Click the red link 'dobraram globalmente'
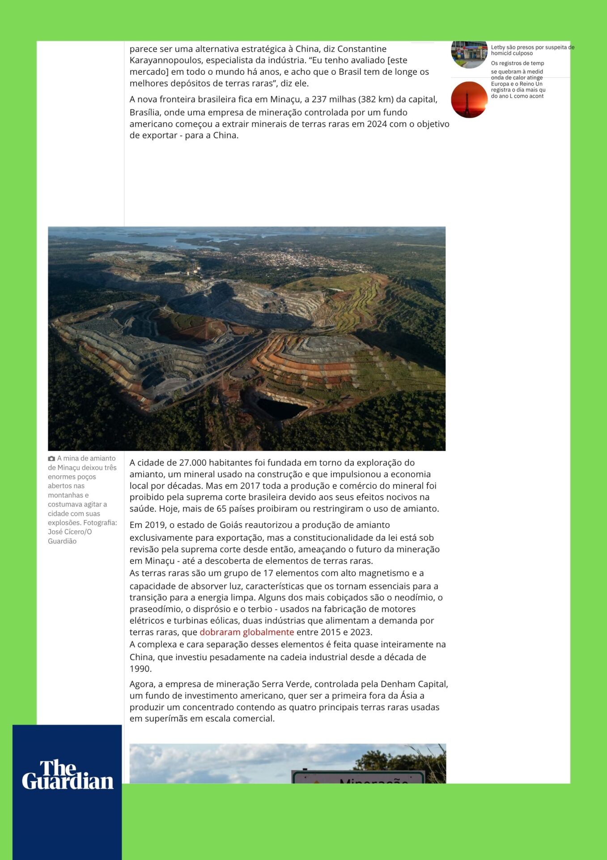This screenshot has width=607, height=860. point(246,632)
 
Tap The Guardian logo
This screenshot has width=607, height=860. point(68,775)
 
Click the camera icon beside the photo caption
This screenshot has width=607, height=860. point(51,459)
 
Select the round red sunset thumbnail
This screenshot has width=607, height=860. point(469,99)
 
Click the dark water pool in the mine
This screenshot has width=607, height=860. point(280,408)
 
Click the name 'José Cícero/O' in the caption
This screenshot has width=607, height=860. point(70,532)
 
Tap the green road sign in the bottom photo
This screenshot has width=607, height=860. point(358,778)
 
